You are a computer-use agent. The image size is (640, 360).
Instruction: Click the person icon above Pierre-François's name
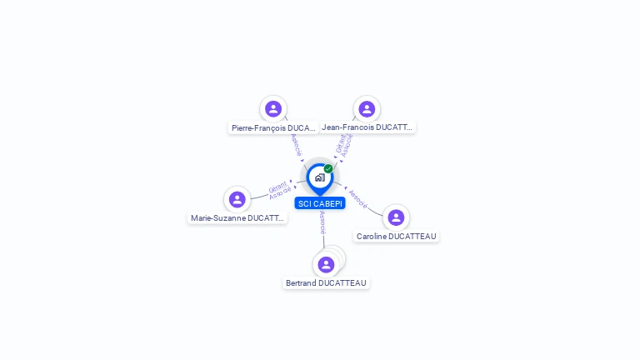pyautogui.click(x=273, y=109)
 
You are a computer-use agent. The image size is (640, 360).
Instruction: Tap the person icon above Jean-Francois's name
pyautogui.click(x=367, y=109)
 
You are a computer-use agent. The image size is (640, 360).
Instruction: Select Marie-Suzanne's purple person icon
pyautogui.click(x=237, y=199)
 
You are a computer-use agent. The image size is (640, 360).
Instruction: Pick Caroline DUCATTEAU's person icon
pyautogui.click(x=396, y=217)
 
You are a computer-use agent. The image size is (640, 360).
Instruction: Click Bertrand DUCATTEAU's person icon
pyautogui.click(x=326, y=264)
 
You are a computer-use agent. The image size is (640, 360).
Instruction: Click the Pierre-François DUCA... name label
pyautogui.click(x=273, y=127)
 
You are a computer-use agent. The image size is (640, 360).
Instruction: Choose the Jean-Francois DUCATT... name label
pyautogui.click(x=367, y=127)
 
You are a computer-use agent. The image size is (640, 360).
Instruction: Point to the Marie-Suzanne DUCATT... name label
pyautogui.click(x=237, y=218)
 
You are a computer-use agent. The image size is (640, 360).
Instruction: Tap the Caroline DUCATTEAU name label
pyautogui.click(x=396, y=237)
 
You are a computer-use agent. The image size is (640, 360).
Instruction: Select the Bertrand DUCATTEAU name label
pyautogui.click(x=326, y=283)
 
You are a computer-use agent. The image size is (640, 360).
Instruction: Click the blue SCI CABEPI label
pyautogui.click(x=320, y=203)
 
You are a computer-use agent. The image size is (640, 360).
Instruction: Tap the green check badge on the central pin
pyautogui.click(x=328, y=169)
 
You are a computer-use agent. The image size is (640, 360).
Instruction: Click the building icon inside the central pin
pyautogui.click(x=319, y=177)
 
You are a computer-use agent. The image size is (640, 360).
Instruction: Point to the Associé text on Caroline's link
pyautogui.click(x=357, y=198)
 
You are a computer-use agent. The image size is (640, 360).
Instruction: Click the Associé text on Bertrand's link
pyautogui.click(x=322, y=222)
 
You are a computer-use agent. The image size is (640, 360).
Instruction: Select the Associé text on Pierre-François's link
pyautogui.click(x=296, y=145)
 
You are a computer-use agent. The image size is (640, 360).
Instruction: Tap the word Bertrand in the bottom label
pyautogui.click(x=302, y=283)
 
